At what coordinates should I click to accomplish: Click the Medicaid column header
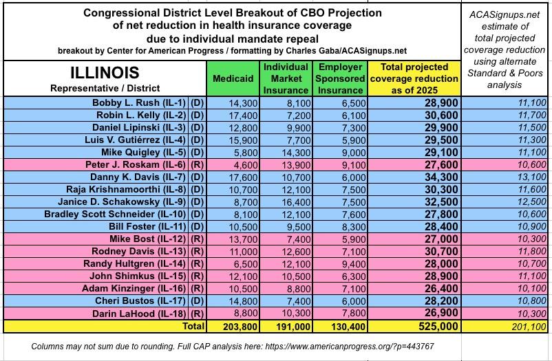[233, 78]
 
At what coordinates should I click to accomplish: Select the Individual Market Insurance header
[285, 78]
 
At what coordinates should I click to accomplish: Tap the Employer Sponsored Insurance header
[340, 78]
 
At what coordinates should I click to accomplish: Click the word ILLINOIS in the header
[105, 72]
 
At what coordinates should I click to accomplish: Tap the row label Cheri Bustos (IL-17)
[143, 301]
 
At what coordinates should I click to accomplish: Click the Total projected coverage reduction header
[414, 78]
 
